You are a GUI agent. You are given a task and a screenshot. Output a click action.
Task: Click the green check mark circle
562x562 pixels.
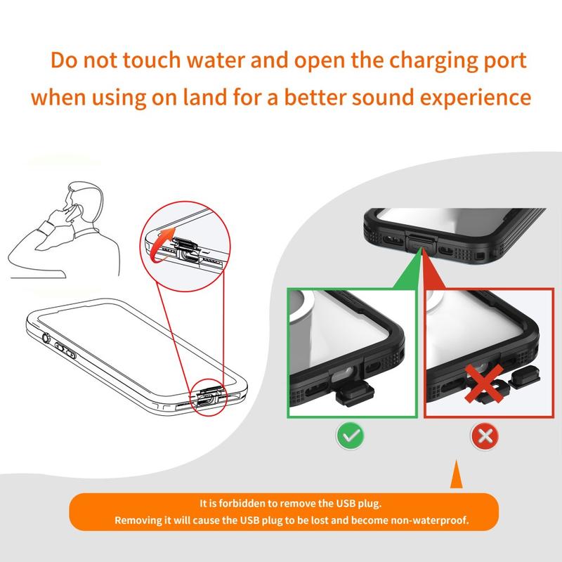[351, 435]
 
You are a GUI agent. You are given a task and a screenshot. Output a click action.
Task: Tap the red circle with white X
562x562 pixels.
[485, 436]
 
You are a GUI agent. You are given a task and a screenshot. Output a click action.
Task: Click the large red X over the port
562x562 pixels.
[484, 384]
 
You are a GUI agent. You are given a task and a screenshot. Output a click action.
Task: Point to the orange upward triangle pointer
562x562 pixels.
[456, 474]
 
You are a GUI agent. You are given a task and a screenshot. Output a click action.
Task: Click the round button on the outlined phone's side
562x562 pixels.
[46, 338]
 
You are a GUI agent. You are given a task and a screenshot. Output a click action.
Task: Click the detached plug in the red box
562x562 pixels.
[523, 379]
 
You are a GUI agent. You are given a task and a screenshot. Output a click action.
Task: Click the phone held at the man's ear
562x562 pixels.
[76, 212]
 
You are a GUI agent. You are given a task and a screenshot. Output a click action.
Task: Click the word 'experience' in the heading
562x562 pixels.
[476, 98]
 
